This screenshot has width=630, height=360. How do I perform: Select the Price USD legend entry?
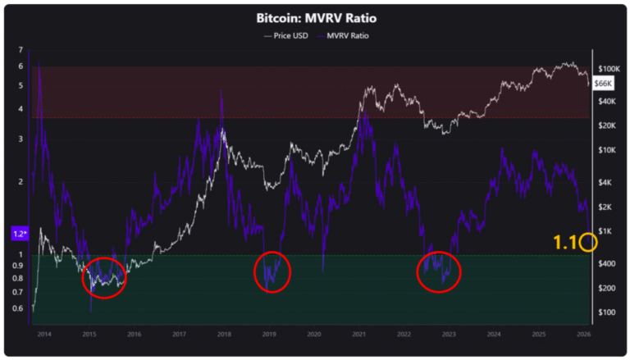pyautogui.click(x=286, y=35)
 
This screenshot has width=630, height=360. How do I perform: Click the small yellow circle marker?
pyautogui.click(x=587, y=242)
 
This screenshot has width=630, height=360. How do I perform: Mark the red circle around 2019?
pyautogui.click(x=272, y=271)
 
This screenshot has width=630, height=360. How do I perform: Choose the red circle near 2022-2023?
pyautogui.click(x=439, y=271)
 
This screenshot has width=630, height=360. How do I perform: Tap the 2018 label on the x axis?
pyautogui.click(x=223, y=334)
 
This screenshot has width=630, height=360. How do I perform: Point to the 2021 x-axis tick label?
pyautogui.click(x=358, y=334)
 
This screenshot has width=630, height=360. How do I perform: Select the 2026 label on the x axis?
pyautogui.click(x=583, y=334)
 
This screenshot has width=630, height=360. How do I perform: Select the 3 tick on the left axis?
pyautogui.click(x=20, y=139)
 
